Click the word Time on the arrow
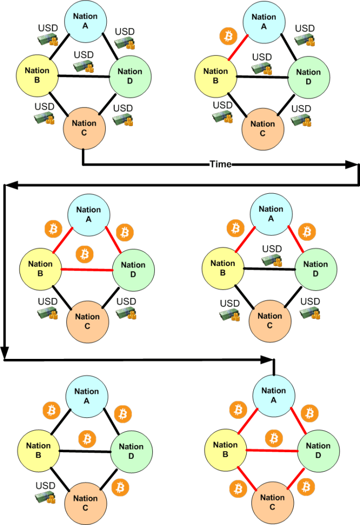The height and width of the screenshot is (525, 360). point(221,164)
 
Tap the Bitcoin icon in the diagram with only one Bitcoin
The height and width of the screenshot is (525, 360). point(227,36)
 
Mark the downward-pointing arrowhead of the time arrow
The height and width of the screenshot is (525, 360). point(5,352)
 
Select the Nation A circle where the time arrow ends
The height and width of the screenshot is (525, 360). point(274,395)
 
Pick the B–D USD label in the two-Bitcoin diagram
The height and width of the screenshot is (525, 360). point(272,249)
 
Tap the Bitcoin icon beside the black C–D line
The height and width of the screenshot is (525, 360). point(121,487)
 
